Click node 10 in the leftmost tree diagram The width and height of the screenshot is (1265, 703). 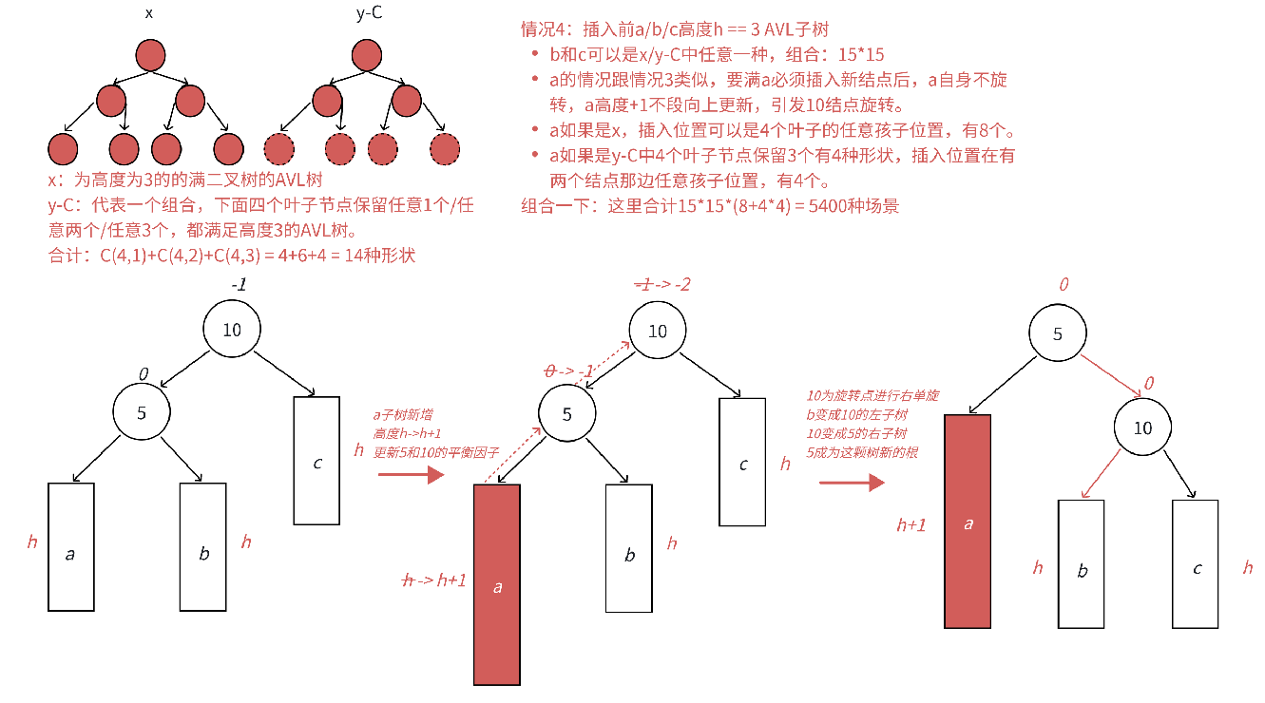231,330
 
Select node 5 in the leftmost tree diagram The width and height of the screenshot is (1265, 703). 141,412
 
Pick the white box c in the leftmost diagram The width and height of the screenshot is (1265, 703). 316,460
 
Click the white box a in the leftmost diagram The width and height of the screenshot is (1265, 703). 70,547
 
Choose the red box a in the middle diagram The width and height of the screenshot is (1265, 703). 497,584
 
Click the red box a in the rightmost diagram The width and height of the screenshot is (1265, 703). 968,521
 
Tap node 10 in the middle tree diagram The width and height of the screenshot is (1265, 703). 658,332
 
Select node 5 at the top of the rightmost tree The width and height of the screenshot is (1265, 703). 1057,334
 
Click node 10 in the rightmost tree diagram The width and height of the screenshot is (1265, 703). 1143,428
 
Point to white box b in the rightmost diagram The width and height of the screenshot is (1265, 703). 1082,564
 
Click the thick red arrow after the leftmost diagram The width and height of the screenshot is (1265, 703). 411,474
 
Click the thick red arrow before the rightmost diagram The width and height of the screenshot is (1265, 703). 852,483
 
